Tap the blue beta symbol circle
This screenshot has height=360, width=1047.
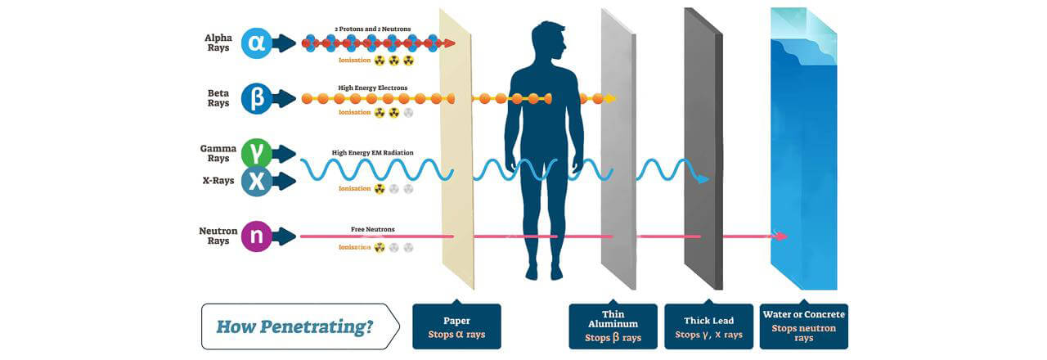pyautogui.click(x=256, y=99)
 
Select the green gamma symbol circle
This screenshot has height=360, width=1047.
pyautogui.click(x=256, y=153)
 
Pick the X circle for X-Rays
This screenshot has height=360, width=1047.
pyautogui.click(x=256, y=182)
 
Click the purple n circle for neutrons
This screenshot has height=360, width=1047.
pyautogui.click(x=256, y=236)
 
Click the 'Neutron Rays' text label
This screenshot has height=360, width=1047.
pyautogui.click(x=218, y=236)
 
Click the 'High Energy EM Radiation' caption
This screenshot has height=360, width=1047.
pyautogui.click(x=373, y=152)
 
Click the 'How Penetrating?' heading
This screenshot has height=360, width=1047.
pyautogui.click(x=294, y=327)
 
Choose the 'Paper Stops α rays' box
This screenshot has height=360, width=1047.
pyautogui.click(x=456, y=327)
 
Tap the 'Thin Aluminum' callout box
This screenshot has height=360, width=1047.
pyautogui.click(x=613, y=327)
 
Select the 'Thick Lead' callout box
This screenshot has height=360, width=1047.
pyautogui.click(x=708, y=327)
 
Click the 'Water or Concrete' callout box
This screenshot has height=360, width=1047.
pyautogui.click(x=804, y=326)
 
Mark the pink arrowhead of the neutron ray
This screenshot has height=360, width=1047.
pyautogui.click(x=782, y=236)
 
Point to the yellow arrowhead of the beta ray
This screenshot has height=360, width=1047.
pyautogui.click(x=610, y=99)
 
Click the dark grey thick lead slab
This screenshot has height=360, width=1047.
pyautogui.click(x=703, y=147)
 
